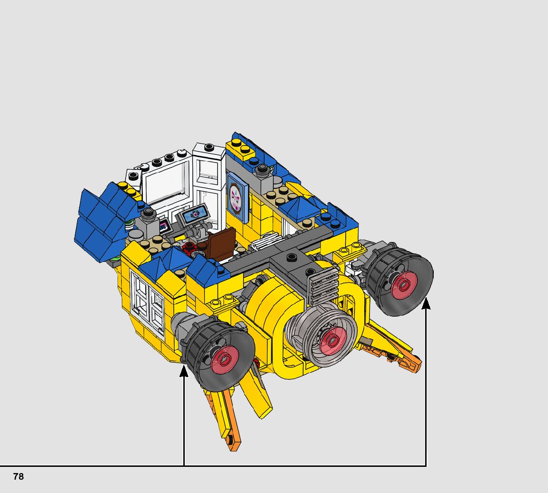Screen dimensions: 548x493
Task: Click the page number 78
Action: [19, 476]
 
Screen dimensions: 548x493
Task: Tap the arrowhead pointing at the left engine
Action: [184, 371]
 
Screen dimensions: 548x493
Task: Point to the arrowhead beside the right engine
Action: [426, 303]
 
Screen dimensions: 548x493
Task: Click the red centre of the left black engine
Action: [225, 359]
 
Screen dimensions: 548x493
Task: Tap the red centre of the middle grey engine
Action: [333, 340]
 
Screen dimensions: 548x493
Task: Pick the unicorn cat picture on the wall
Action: [238, 197]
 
